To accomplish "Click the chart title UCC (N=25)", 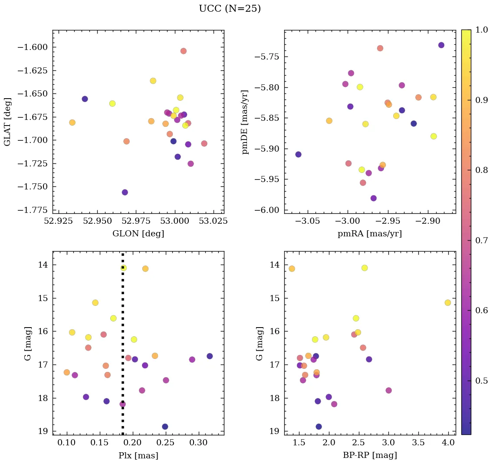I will [230, 9].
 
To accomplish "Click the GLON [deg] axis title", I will [138, 234].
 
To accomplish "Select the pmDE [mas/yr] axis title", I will [246, 122].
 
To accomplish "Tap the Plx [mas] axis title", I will [138, 455].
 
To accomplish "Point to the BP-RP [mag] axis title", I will [370, 455].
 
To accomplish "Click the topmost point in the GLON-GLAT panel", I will [183, 51].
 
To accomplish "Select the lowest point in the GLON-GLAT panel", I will [125, 192].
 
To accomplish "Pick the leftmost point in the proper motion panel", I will [298, 154].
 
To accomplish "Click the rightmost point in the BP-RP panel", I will [447, 302].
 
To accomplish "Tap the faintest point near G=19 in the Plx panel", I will [165, 427].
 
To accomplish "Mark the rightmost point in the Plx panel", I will [210, 356].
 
